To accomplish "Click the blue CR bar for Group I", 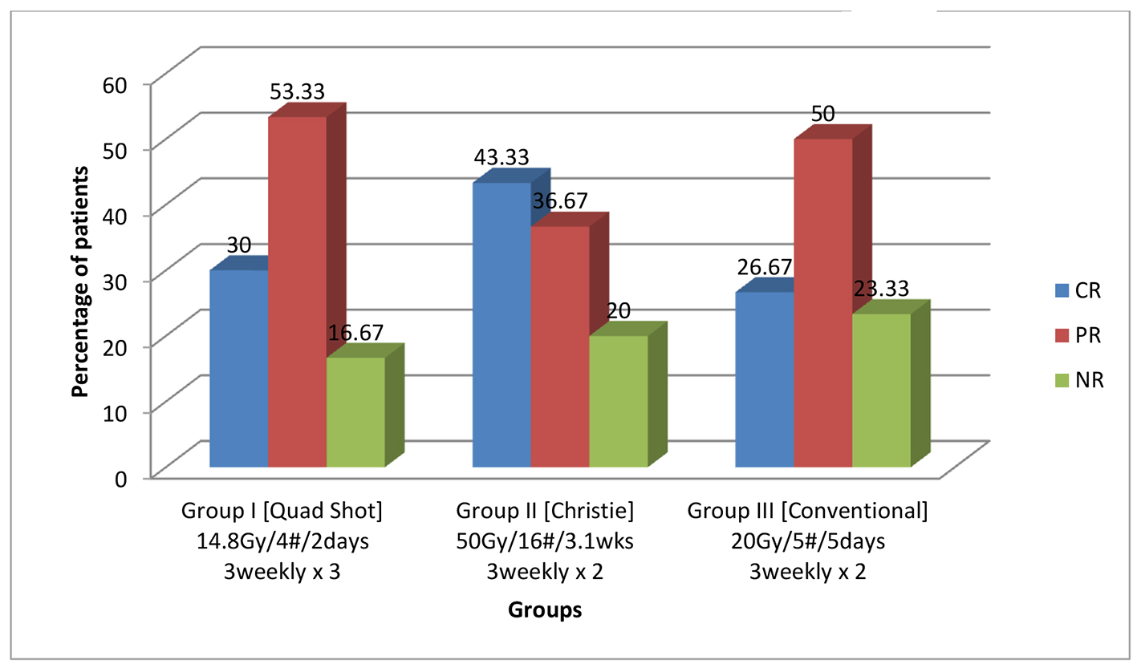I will click(x=238, y=368).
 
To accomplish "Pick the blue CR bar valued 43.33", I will click(x=501, y=325).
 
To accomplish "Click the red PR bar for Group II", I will click(x=559, y=346).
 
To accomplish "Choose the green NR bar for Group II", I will click(x=618, y=400).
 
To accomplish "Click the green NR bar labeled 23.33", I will click(x=881, y=390).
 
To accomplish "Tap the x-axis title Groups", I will click(x=545, y=610).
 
